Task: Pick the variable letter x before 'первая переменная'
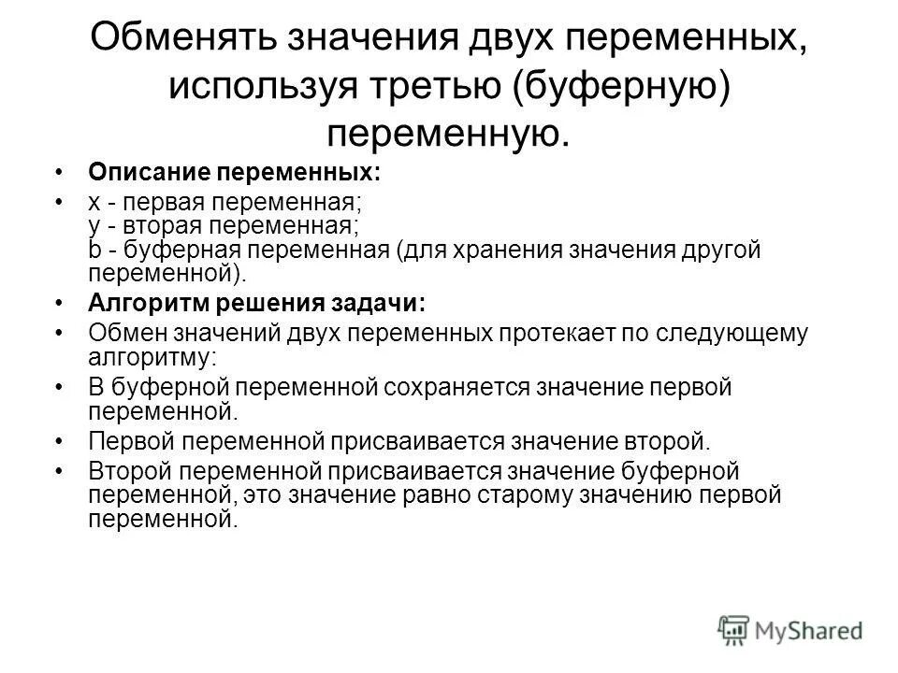[x=94, y=203]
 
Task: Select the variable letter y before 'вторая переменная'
[x=94, y=226]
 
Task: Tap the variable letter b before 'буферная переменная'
[x=94, y=250]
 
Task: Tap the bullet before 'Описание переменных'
[x=61, y=174]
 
